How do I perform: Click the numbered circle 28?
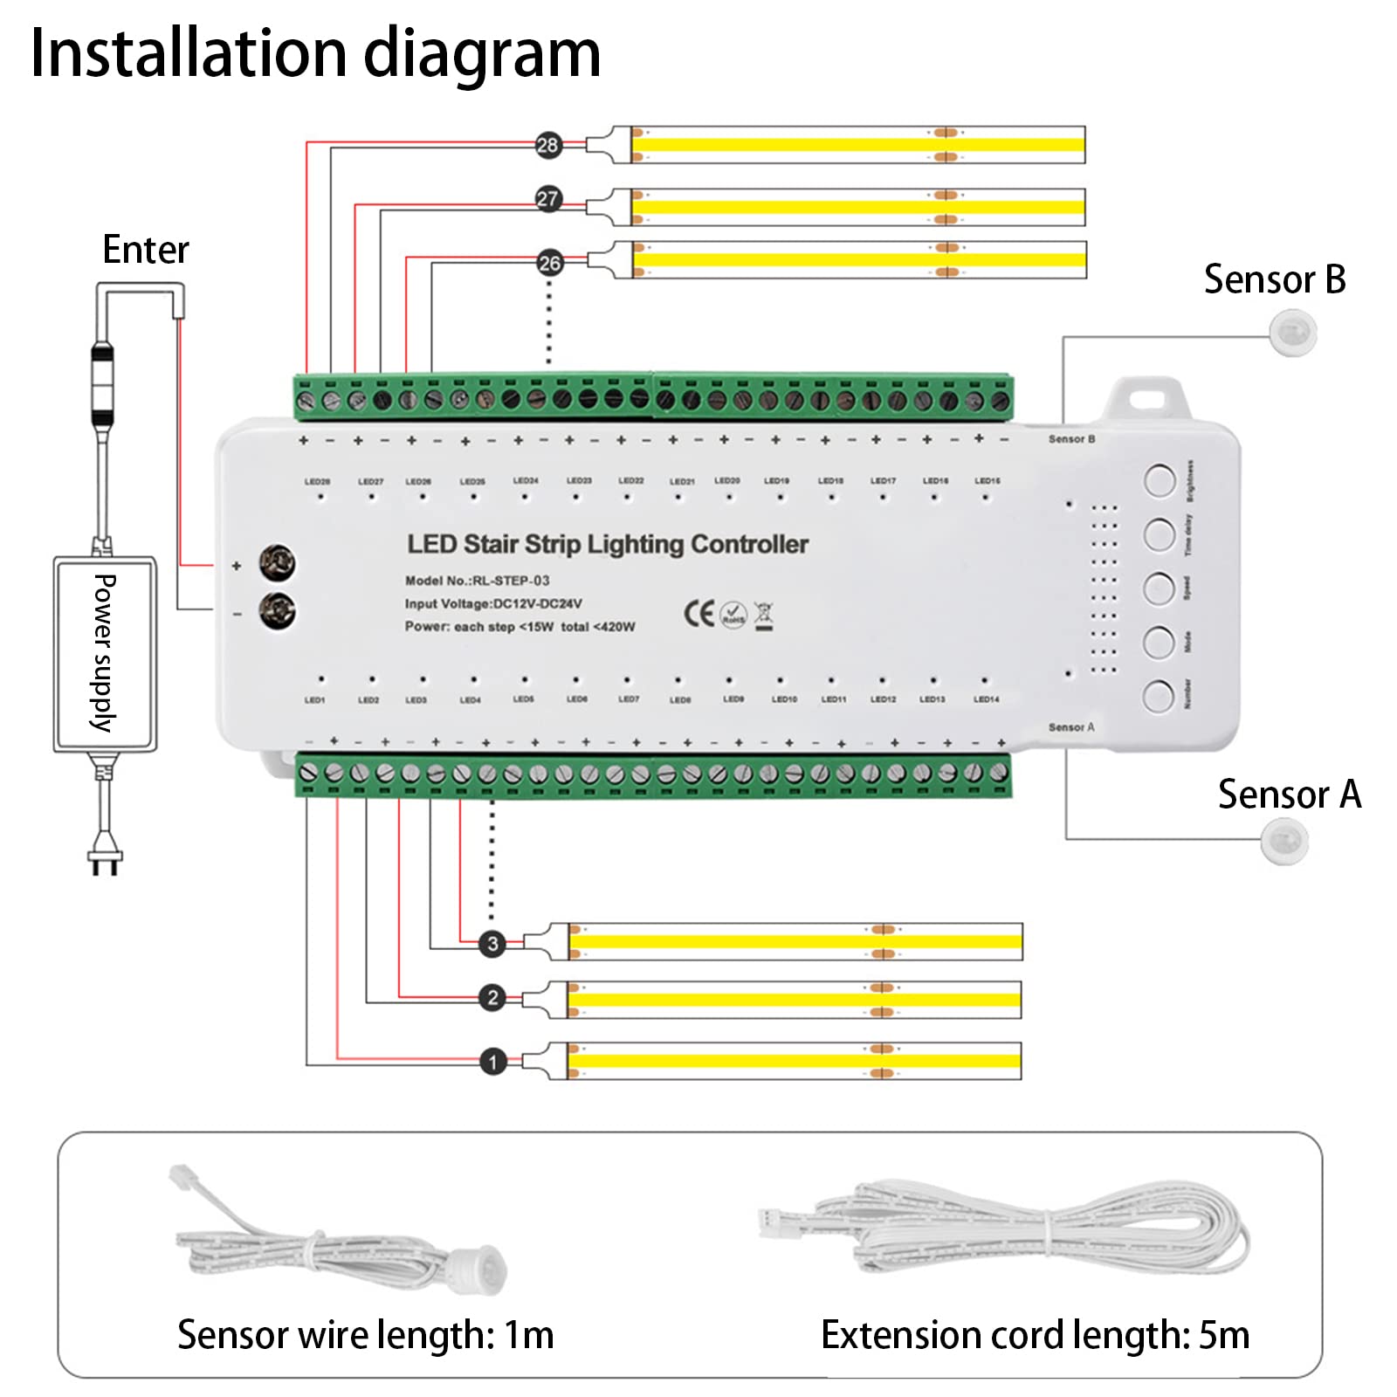point(547,145)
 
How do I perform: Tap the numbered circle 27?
point(547,199)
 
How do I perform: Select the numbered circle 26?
point(549,263)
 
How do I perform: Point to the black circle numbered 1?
point(493,1062)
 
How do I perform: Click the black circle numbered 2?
point(492,997)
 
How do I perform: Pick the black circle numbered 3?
point(492,943)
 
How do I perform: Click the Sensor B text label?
point(1274,280)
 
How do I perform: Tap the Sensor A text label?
point(1289,795)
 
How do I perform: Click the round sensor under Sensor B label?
point(1293,333)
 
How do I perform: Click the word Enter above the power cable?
point(145,250)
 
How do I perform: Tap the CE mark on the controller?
point(698,614)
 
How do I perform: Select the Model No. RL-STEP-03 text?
point(477,581)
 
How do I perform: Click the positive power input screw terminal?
point(277,563)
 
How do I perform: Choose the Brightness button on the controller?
point(1160,480)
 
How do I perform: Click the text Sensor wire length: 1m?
point(365,1335)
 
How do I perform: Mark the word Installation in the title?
point(189,54)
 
